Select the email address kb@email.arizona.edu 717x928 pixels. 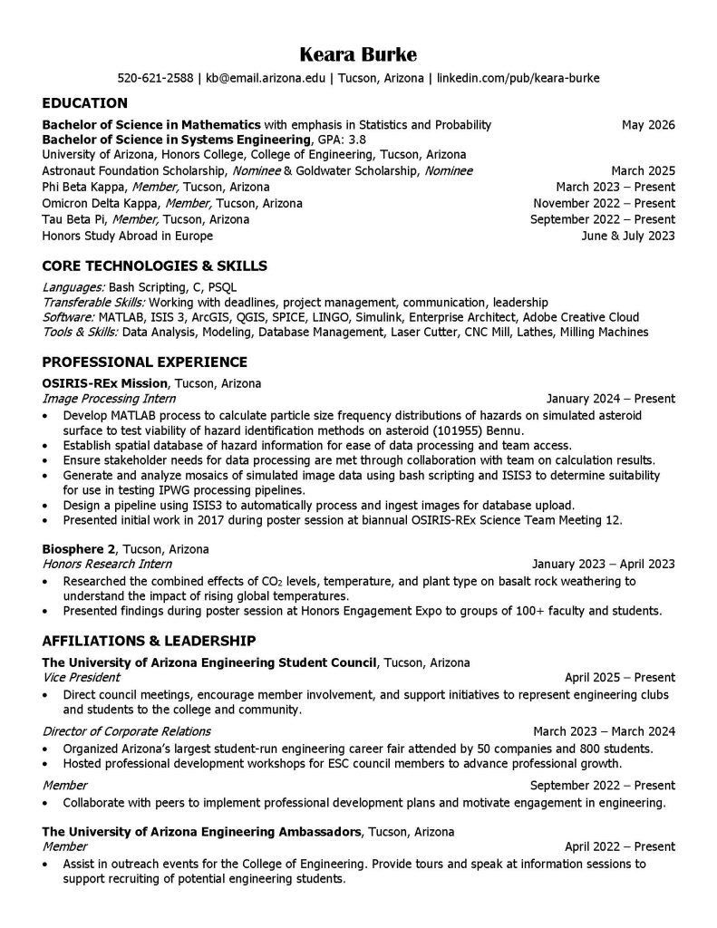tap(266, 78)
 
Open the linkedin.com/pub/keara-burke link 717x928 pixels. tap(518, 78)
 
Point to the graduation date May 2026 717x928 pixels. tap(648, 124)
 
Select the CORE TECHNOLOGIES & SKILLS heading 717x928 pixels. tap(155, 266)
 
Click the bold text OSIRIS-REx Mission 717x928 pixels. tap(105, 383)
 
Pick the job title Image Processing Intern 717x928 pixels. tap(110, 399)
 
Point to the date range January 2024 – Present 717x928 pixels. tap(611, 399)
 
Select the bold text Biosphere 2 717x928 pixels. tap(79, 549)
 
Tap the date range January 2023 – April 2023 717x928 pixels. tap(604, 564)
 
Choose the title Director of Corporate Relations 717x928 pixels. tap(127, 731)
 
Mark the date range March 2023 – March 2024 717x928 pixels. tap(604, 731)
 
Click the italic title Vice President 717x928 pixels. tap(82, 677)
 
